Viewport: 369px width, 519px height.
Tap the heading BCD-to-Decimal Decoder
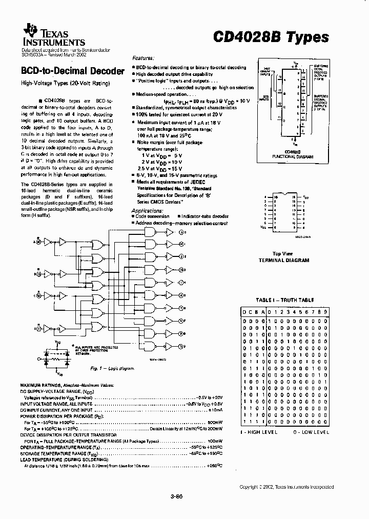click(72, 71)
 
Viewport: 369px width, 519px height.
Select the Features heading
click(143, 59)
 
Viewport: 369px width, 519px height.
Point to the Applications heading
click(145, 210)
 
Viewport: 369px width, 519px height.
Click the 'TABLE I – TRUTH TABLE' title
click(285, 300)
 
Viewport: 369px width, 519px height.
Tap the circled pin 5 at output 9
click(181, 345)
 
